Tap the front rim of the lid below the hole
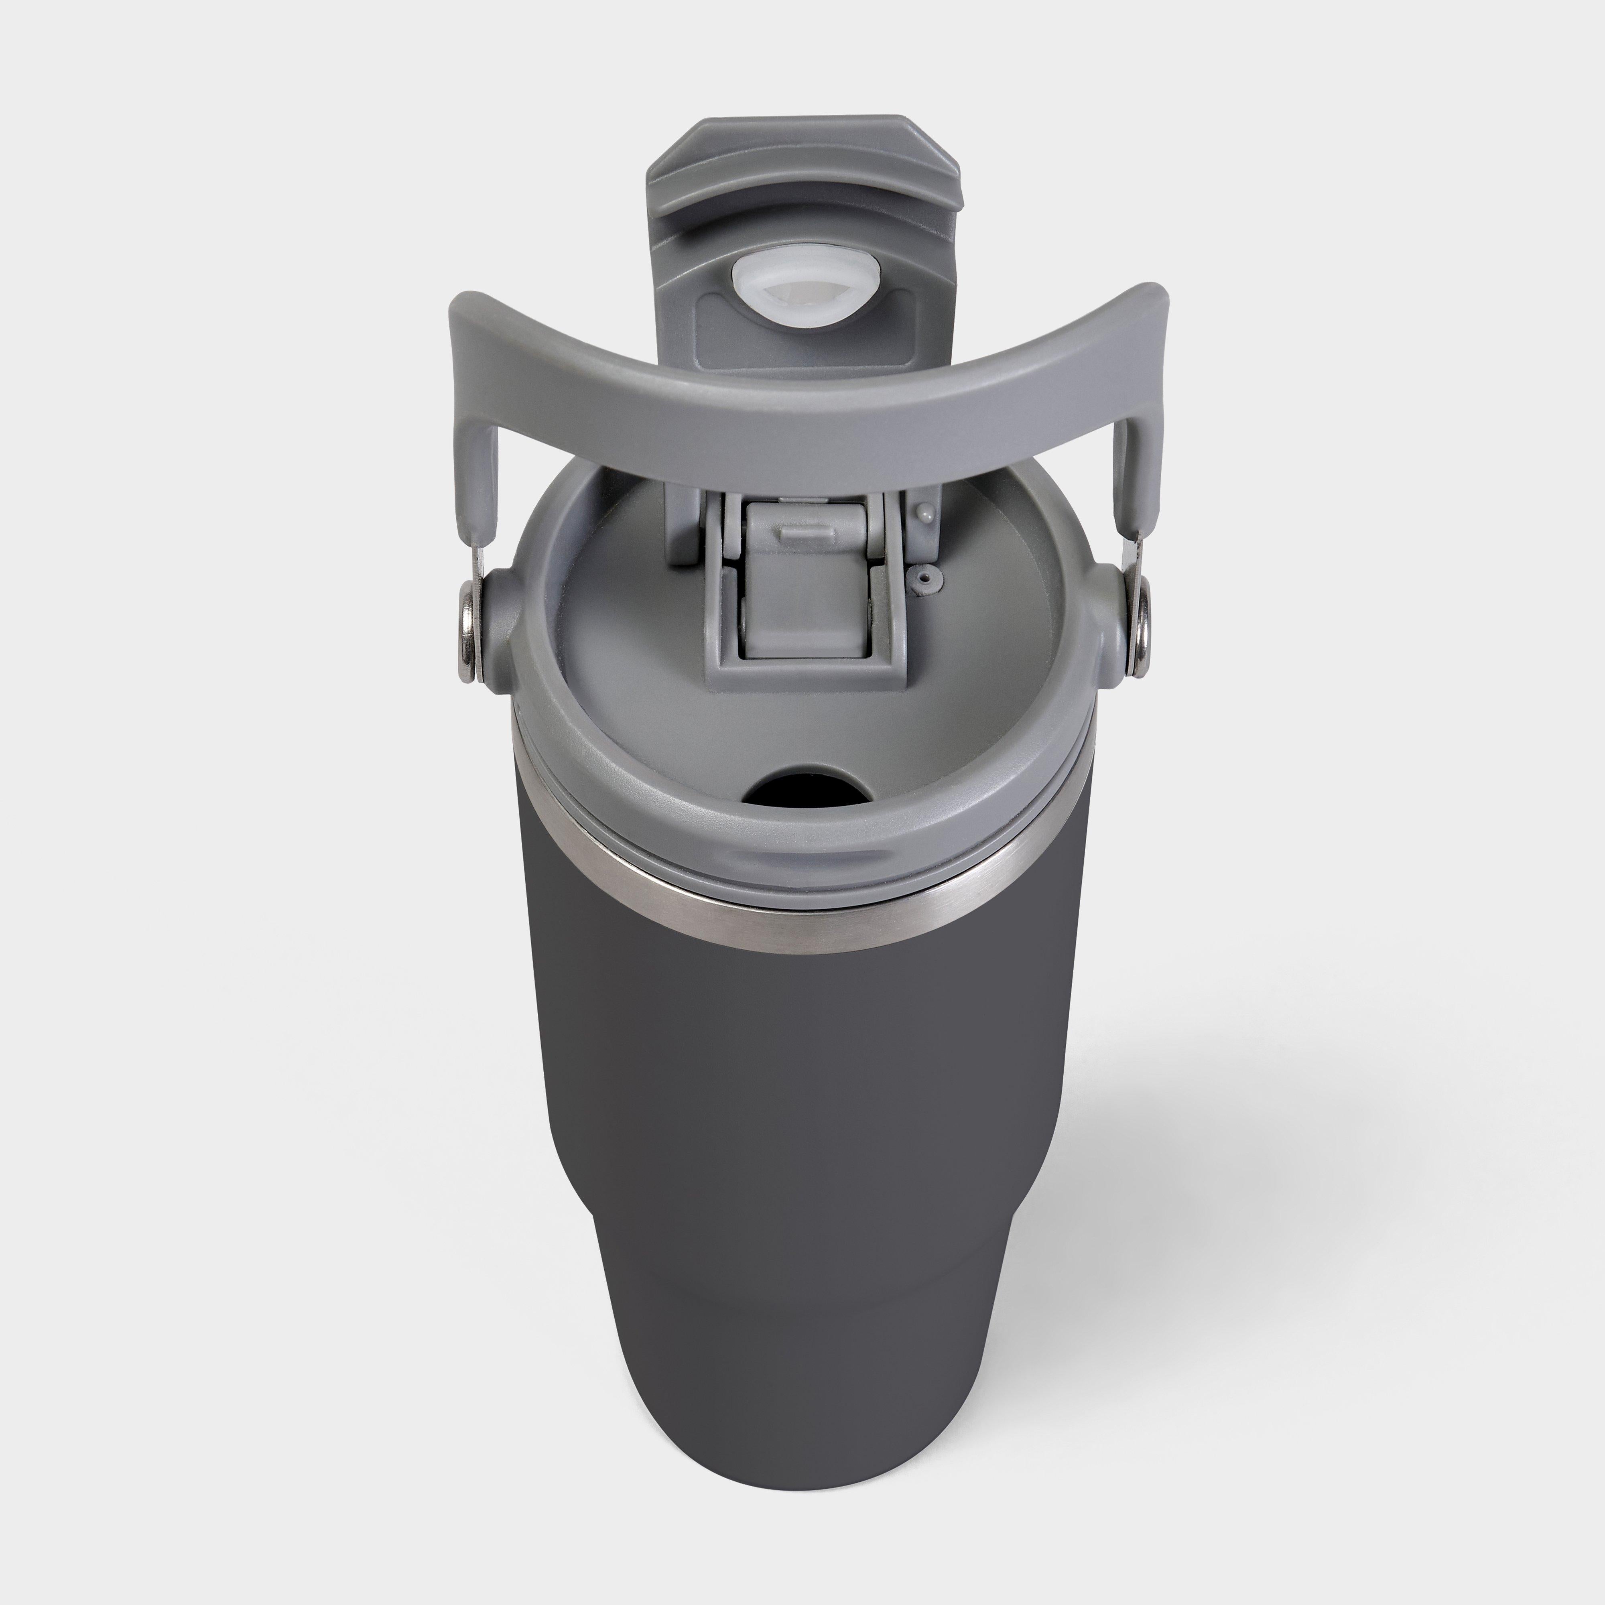click(x=802, y=856)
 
